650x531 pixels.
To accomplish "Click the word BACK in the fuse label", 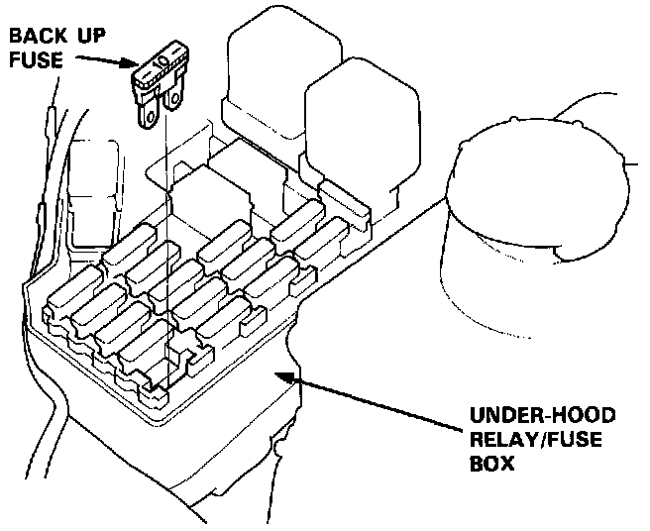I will (37, 38).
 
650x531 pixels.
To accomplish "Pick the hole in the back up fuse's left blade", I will (149, 116).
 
